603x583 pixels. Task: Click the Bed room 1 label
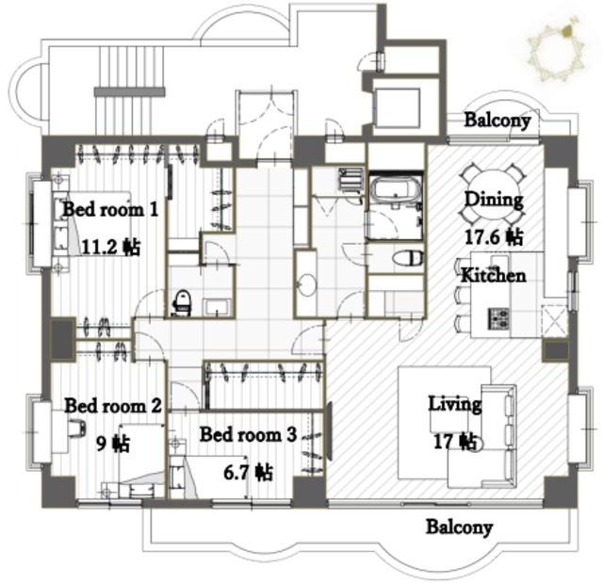(x=110, y=210)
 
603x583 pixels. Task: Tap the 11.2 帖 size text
(x=111, y=247)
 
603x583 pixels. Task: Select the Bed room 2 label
(x=113, y=406)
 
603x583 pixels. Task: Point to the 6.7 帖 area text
(x=249, y=473)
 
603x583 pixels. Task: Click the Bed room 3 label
(x=248, y=434)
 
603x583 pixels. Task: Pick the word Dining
(x=494, y=201)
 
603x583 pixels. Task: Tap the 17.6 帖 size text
(x=494, y=236)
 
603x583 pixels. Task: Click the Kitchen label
(x=494, y=275)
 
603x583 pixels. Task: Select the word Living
(x=455, y=404)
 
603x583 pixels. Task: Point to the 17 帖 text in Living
(x=455, y=442)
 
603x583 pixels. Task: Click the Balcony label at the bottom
(x=459, y=526)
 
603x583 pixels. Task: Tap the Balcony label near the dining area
(x=497, y=120)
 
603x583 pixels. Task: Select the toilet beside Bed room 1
(x=182, y=303)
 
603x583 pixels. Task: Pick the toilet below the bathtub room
(x=408, y=258)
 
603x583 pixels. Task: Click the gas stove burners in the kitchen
(x=498, y=318)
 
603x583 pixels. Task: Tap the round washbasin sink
(x=306, y=284)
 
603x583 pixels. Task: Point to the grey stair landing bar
(x=130, y=91)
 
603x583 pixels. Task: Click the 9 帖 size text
(x=113, y=444)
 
